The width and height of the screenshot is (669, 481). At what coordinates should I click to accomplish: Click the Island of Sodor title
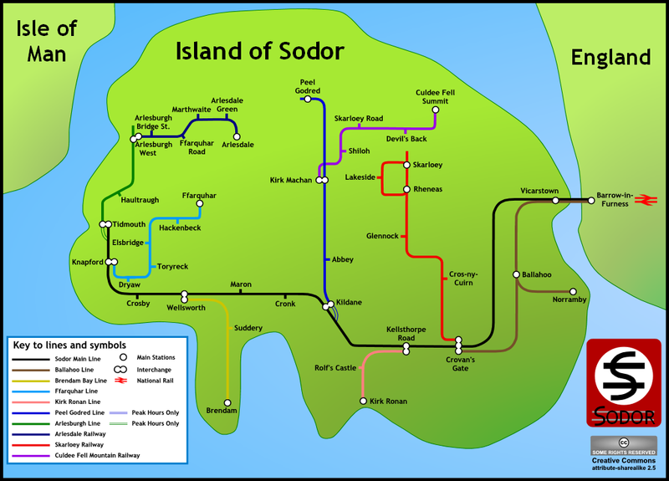tap(259, 51)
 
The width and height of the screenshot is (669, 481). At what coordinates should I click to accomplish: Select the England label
tap(610, 57)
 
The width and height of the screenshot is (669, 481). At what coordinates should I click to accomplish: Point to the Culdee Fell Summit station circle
tap(435, 109)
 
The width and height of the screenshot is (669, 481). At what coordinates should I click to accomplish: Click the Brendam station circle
tap(225, 402)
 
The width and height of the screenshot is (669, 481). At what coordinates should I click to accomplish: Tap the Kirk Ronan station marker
tap(363, 402)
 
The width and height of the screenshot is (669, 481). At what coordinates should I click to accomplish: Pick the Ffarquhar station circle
tap(199, 203)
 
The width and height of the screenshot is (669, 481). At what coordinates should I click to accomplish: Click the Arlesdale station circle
tap(237, 136)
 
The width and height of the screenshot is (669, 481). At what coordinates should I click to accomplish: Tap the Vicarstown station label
tap(539, 191)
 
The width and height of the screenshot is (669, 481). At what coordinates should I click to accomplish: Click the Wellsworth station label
tap(186, 308)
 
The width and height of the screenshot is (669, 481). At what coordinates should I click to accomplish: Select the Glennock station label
tap(383, 236)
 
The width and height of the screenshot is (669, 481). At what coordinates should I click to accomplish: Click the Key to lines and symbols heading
tap(69, 345)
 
